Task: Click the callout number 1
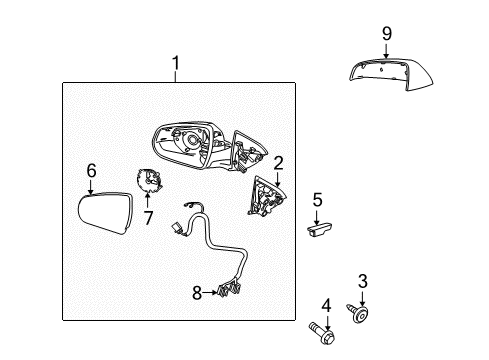175,67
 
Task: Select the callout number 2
279,162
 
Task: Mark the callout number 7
149,217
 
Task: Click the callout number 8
197,293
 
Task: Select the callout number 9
386,33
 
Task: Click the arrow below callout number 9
386,50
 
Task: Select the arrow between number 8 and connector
210,293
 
